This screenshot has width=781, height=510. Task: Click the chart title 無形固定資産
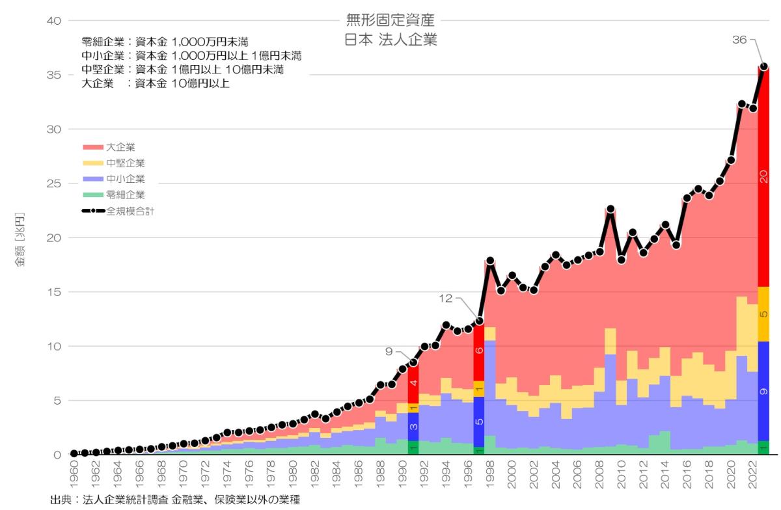click(390, 20)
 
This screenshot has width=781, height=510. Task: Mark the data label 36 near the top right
click(739, 40)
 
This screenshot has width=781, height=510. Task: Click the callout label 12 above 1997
click(446, 299)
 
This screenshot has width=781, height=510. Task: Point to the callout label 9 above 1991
click(389, 352)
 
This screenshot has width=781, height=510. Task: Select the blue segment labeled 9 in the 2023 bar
click(764, 391)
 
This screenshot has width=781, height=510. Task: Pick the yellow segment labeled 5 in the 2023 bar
click(764, 314)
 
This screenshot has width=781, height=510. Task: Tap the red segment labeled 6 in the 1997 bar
click(479, 351)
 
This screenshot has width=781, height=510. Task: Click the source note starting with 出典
click(176, 500)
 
